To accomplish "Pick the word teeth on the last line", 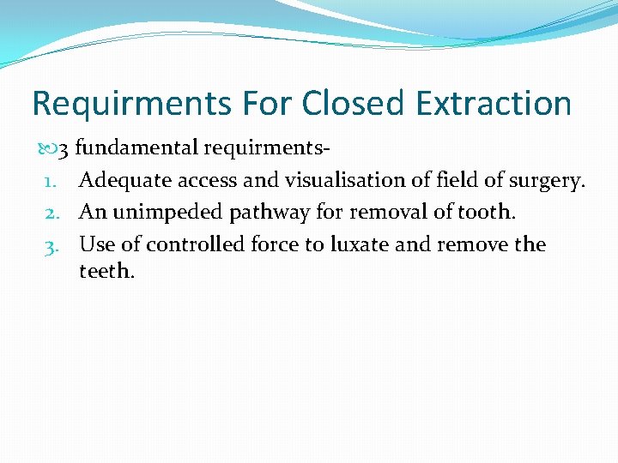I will point(106,271).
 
